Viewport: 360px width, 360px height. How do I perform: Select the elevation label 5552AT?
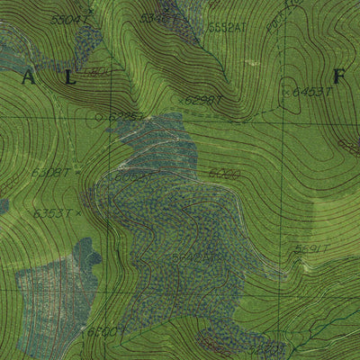(x=226, y=28)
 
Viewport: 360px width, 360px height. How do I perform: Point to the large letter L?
(x=70, y=79)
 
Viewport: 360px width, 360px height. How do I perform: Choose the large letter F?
(x=339, y=78)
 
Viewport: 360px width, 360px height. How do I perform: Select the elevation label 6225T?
(x=124, y=116)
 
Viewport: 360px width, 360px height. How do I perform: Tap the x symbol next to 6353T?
(x=79, y=213)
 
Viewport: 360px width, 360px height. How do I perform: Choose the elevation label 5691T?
(x=312, y=249)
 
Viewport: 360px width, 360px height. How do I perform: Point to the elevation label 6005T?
(x=130, y=178)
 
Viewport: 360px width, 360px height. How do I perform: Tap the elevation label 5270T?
(x=267, y=345)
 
